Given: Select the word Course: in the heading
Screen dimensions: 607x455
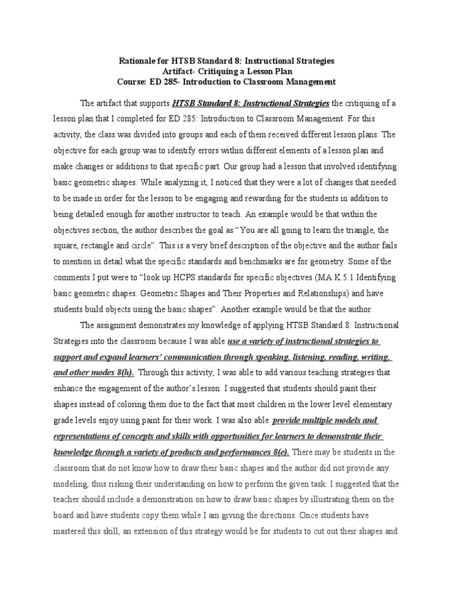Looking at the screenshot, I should [x=133, y=82].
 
